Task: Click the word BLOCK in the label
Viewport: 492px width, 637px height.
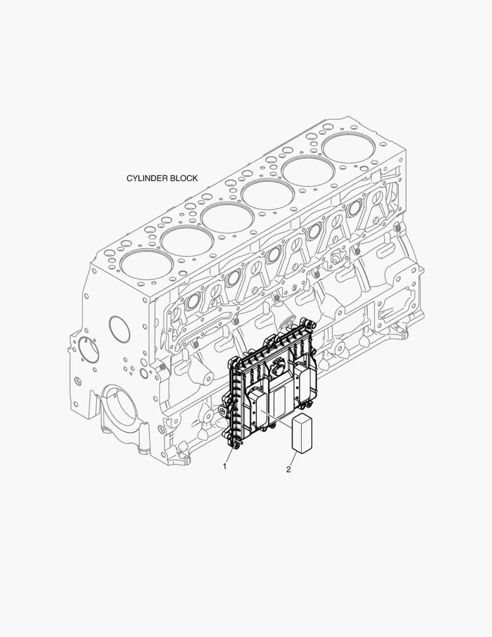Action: (x=184, y=178)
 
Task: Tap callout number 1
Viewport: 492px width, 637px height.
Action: (x=224, y=466)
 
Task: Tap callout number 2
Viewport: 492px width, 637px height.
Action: (x=288, y=469)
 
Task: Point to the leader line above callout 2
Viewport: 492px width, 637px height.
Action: (x=294, y=459)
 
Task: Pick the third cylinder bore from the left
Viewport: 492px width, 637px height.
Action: (x=223, y=219)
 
